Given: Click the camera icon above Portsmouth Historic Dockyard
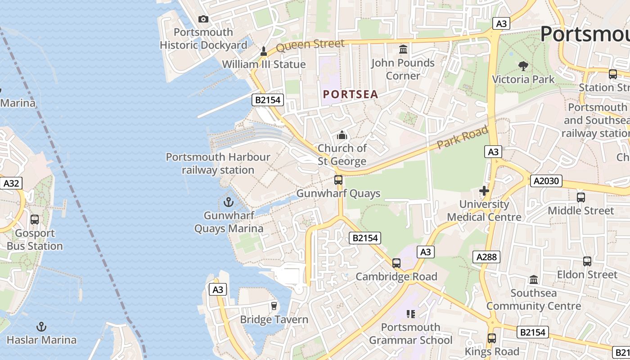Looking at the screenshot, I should (x=203, y=19).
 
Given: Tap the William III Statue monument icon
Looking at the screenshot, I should (x=264, y=52).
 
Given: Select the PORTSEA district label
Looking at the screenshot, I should (x=351, y=94).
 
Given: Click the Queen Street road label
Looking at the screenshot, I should (x=310, y=45).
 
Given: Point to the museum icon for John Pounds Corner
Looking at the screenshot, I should (x=403, y=49).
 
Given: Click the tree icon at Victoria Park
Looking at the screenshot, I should (x=523, y=66).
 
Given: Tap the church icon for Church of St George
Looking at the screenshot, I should (x=342, y=135).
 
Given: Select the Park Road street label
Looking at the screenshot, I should (x=463, y=138).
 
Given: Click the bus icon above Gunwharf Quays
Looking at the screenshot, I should (x=338, y=180).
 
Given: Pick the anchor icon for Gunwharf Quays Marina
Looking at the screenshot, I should (x=229, y=202).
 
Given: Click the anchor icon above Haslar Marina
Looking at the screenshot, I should (x=41, y=327).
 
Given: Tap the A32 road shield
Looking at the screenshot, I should (x=11, y=183).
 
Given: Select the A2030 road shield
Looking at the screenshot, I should (x=546, y=181).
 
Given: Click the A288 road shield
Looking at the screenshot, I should (x=486, y=257).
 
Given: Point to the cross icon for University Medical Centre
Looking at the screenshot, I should (x=484, y=191).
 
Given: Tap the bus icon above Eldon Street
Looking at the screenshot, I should (x=587, y=261).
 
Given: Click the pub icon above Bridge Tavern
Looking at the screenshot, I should (x=273, y=306).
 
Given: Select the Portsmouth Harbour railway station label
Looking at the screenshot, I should (x=218, y=163).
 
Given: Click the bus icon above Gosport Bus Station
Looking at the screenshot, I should (x=35, y=220).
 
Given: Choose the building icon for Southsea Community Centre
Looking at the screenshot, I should (x=534, y=280).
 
